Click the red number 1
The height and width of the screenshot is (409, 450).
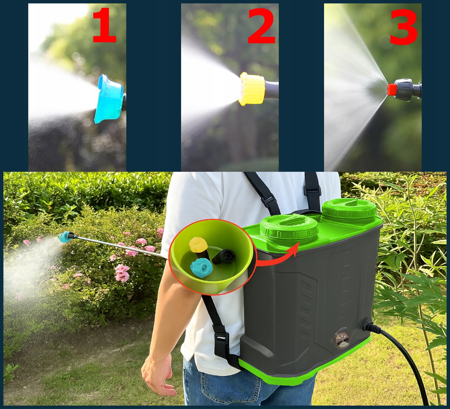(105, 25)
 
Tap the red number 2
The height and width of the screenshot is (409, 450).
(261, 26)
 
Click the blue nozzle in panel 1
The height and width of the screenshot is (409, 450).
(109, 99)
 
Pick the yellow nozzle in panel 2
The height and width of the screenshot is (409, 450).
(252, 89)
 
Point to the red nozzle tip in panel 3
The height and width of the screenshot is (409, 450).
(391, 89)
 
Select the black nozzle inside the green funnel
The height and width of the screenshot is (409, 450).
(224, 256)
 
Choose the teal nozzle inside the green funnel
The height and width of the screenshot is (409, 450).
(201, 268)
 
